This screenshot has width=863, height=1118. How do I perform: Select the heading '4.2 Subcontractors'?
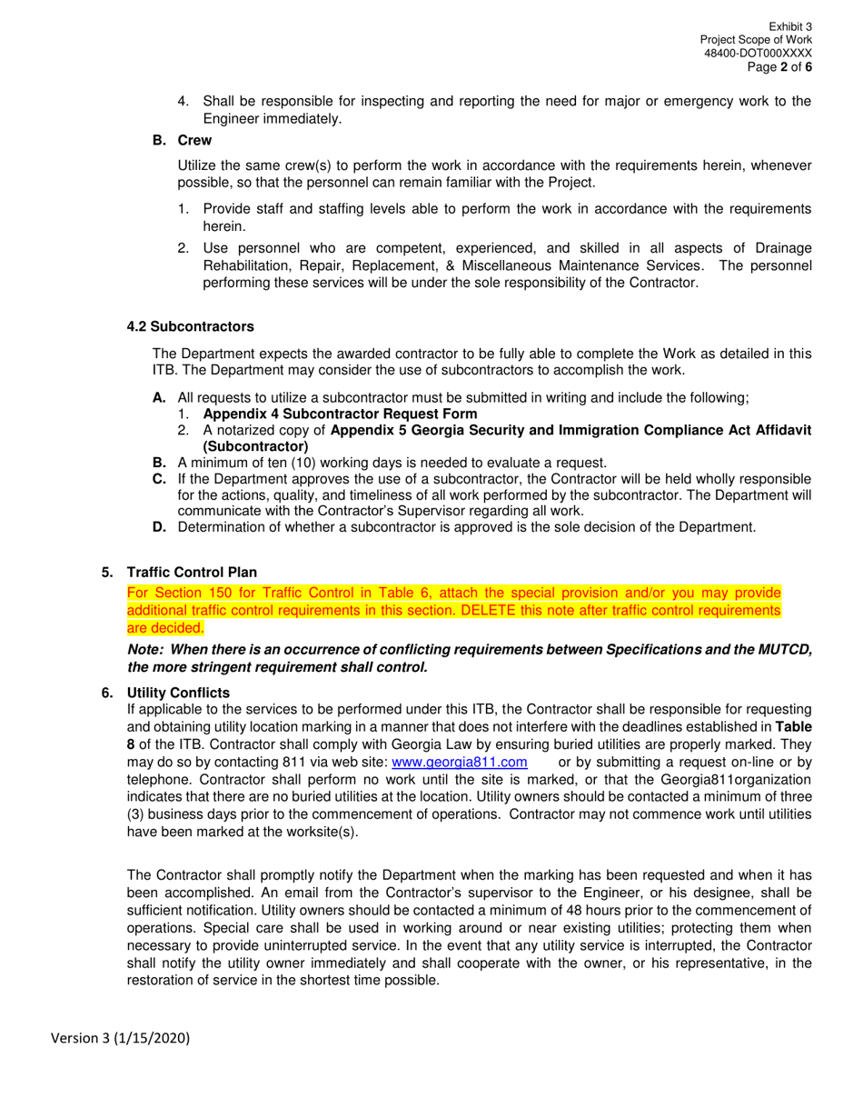coord(190,326)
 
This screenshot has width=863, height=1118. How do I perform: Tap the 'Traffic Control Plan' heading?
coord(192,572)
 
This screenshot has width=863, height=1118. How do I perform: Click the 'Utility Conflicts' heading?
coord(178,693)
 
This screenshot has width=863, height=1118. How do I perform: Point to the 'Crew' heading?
coord(194,140)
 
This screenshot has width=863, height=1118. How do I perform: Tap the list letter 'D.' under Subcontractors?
coord(160,526)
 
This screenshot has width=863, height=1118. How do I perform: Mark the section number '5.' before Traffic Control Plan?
coord(107,572)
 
